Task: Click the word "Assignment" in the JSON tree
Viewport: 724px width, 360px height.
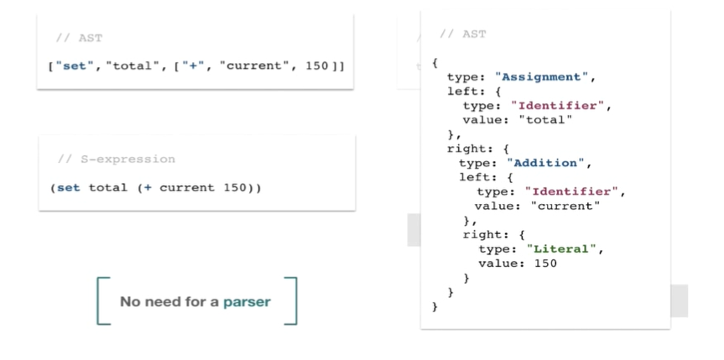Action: click(544, 77)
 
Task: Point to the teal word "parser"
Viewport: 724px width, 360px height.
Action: click(247, 302)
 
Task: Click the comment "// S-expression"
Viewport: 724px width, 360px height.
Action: click(117, 159)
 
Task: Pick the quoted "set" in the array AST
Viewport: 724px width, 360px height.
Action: click(75, 66)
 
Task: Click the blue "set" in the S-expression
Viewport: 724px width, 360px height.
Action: click(68, 188)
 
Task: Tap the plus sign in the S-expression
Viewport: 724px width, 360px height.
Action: click(148, 188)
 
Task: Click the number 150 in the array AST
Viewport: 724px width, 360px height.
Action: click(317, 66)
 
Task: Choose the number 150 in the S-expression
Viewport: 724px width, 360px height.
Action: click(235, 188)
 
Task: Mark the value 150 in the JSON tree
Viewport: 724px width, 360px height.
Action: click(546, 263)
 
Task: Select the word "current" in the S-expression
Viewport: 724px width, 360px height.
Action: click(187, 188)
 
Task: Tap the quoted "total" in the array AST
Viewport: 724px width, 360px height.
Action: click(129, 66)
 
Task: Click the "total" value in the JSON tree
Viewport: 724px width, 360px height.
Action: click(546, 120)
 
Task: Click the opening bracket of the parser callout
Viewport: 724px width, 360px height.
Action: click(98, 301)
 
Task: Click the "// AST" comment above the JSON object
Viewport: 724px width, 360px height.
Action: click(463, 34)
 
